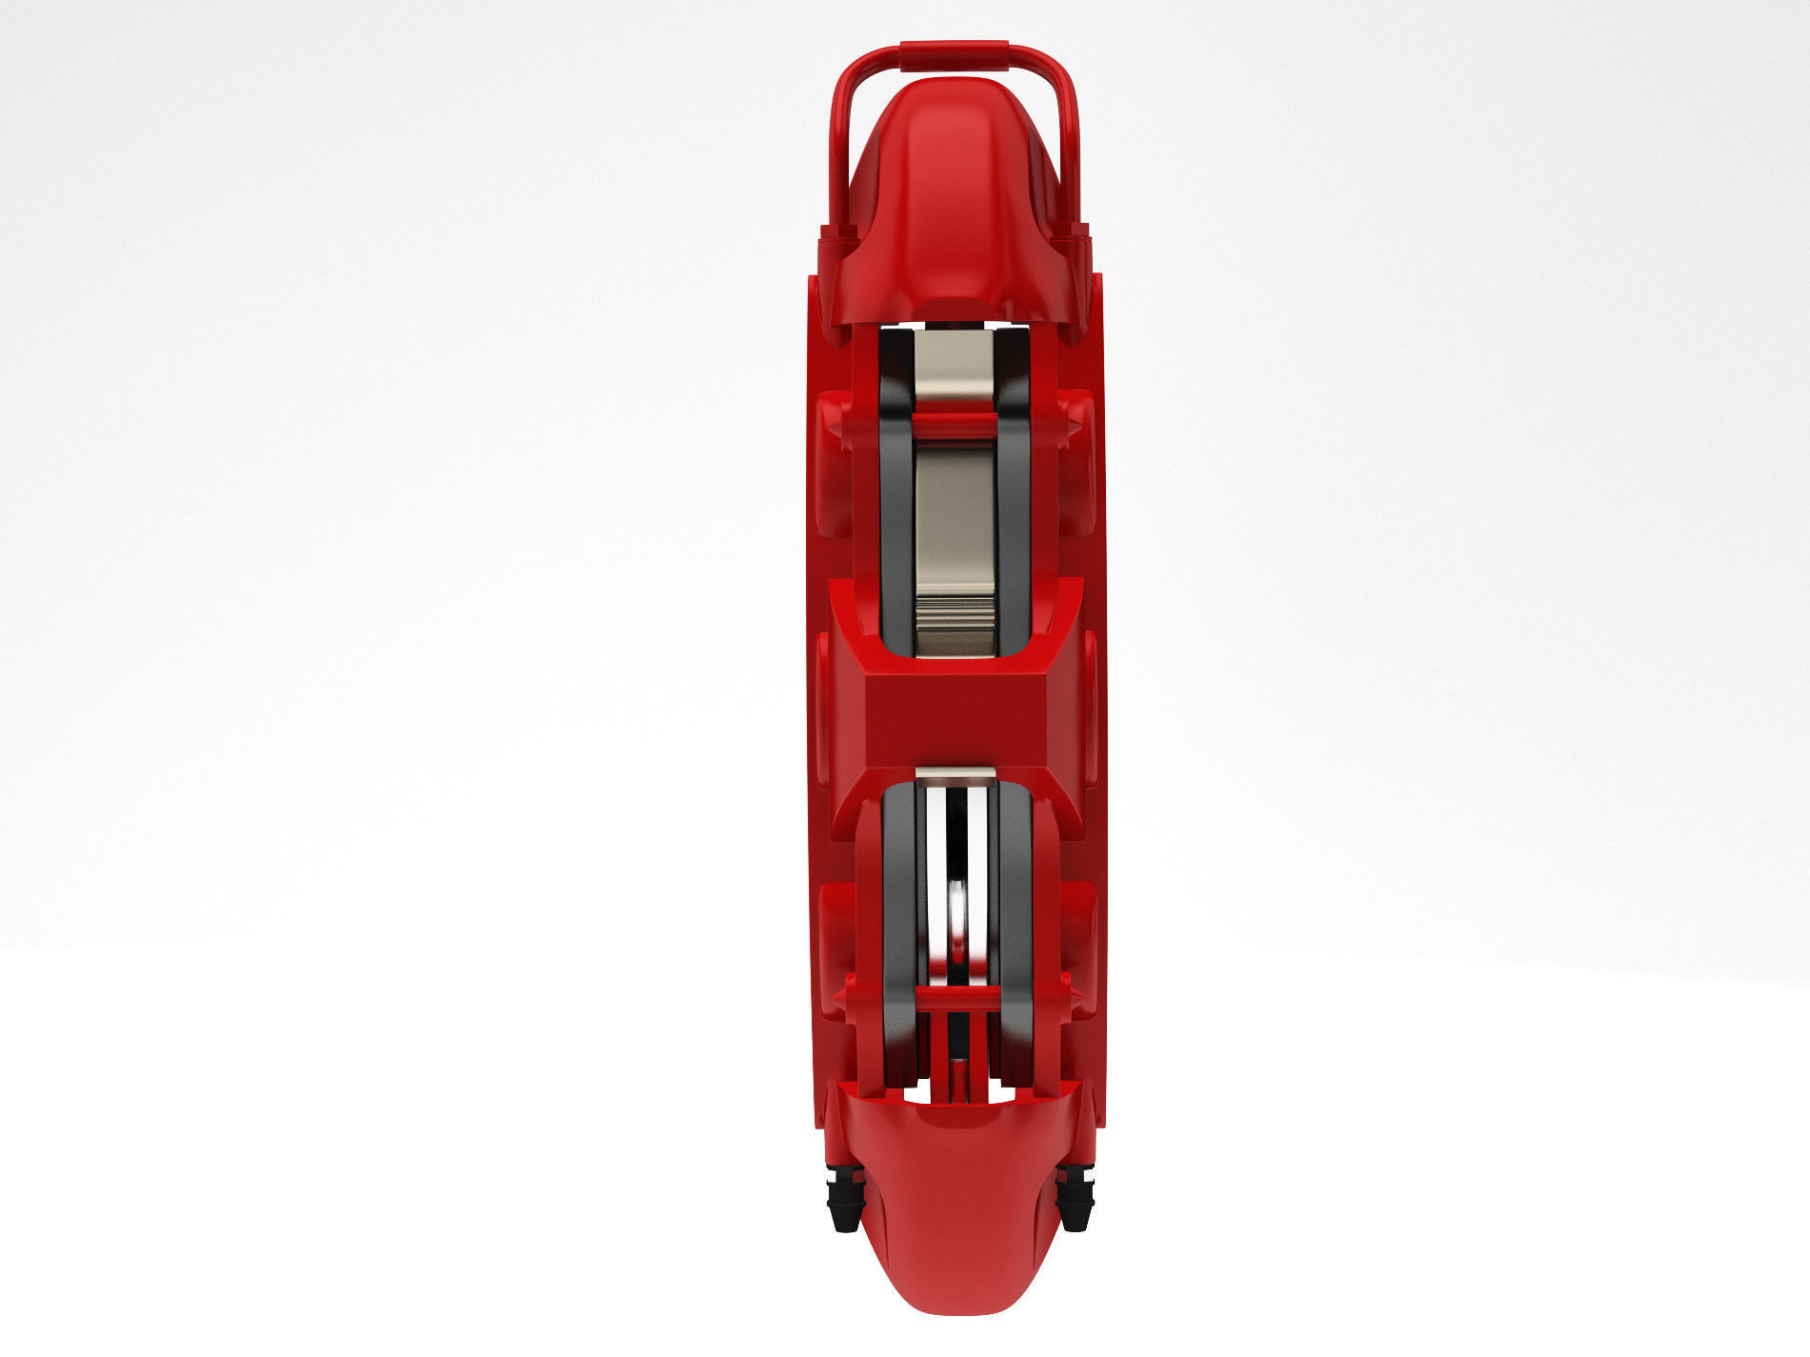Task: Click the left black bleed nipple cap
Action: click(x=844, y=1203)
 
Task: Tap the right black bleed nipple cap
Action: click(x=1075, y=1201)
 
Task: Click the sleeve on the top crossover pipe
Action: click(x=955, y=54)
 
